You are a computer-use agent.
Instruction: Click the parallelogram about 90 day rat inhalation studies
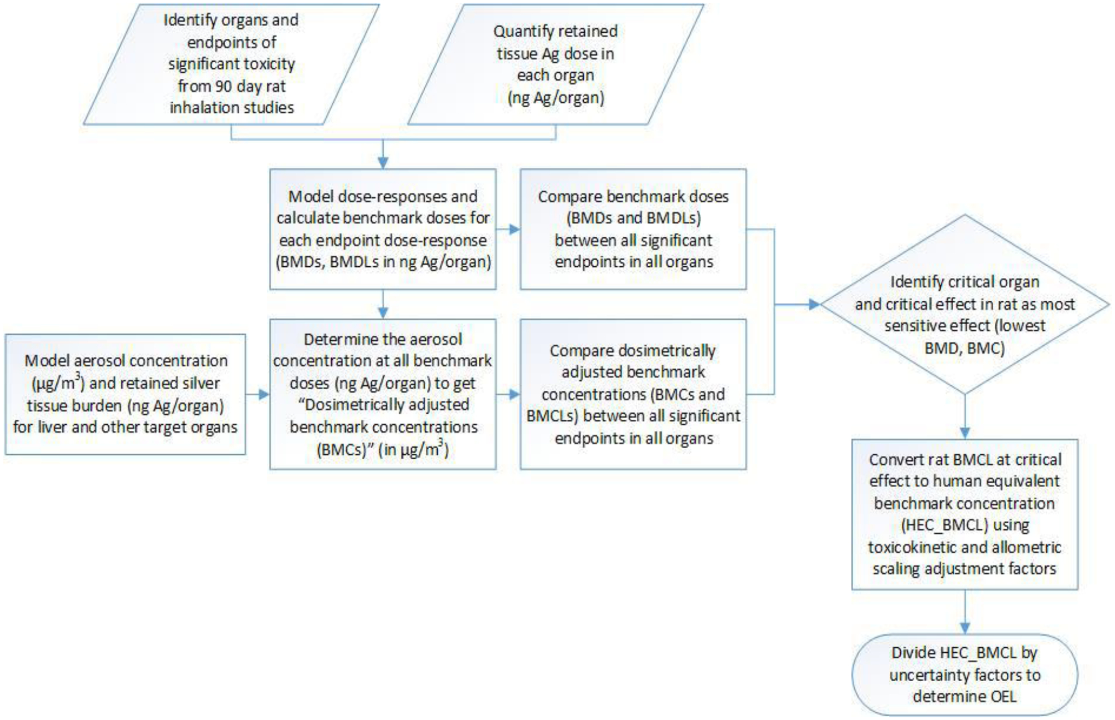tap(231, 64)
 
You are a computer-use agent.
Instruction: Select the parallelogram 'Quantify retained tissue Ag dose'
tap(555, 64)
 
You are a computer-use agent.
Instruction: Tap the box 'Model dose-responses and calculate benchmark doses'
tap(383, 229)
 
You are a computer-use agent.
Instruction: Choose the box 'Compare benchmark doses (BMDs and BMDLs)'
tap(633, 229)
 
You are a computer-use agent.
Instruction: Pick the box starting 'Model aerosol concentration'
tap(125, 394)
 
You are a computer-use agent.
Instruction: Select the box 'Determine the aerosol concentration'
tap(383, 394)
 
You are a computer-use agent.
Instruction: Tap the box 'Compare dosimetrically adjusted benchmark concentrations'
tap(633, 394)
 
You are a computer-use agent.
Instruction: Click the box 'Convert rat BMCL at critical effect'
tap(965, 514)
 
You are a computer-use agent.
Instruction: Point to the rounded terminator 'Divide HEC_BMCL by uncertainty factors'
tap(965, 674)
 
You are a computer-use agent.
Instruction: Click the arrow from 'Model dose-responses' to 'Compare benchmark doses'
tap(509, 229)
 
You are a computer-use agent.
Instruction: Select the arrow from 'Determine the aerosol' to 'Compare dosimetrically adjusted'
tap(509, 394)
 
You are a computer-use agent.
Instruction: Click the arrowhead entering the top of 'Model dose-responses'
tap(383, 162)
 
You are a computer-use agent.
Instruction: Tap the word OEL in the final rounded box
tap(1002, 696)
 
